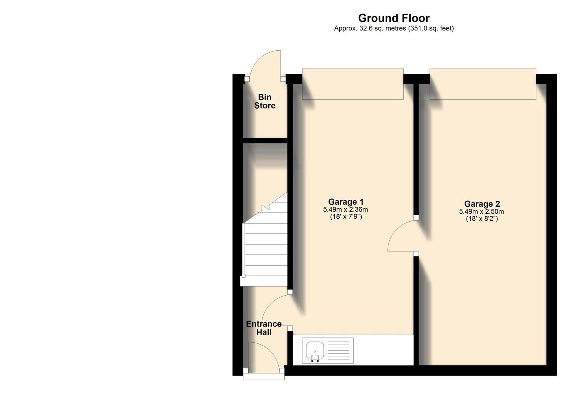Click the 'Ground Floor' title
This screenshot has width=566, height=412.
tap(394, 18)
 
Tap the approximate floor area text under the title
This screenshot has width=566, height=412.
tap(394, 28)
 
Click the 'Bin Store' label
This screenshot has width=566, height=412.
tap(265, 101)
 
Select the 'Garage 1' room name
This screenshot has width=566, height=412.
tap(346, 202)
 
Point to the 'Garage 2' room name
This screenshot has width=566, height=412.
tap(482, 204)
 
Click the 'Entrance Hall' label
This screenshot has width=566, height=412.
tap(264, 328)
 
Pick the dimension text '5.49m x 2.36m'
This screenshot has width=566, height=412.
tap(345, 209)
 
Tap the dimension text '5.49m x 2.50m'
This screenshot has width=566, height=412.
tap(481, 212)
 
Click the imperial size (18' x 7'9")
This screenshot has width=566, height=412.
tap(346, 217)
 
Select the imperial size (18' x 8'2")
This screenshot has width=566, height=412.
tap(482, 219)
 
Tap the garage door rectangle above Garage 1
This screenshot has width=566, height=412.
tap(353, 84)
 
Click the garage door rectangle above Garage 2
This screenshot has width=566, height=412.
tap(483, 84)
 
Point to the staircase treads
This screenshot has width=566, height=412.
tap(265, 248)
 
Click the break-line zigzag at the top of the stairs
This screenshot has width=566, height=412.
tap(266, 207)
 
